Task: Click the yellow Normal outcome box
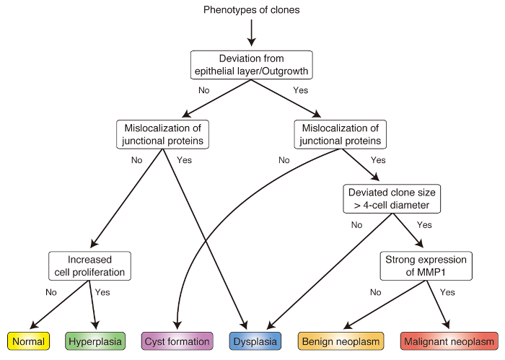[28, 341]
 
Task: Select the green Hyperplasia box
[95, 341]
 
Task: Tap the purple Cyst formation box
[177, 341]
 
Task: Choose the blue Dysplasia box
[255, 341]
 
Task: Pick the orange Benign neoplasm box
[341, 341]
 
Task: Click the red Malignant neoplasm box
[449, 341]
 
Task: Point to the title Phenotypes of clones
[252, 9]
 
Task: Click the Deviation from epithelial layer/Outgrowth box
[252, 65]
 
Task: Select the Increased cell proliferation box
[89, 266]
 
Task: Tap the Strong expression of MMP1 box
[426, 266]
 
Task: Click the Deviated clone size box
[392, 198]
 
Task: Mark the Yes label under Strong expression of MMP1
[447, 292]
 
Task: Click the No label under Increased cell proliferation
[51, 292]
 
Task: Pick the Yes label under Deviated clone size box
[424, 225]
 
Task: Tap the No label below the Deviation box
[204, 90]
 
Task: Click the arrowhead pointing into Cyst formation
[177, 325]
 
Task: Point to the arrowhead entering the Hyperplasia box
[95, 325]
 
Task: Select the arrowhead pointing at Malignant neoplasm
[447, 325]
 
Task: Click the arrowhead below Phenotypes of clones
[252, 42]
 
